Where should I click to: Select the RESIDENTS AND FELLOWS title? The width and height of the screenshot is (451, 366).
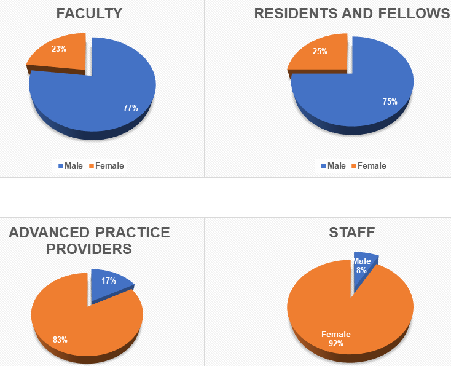point(352,14)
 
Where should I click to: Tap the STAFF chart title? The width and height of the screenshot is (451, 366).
point(351,233)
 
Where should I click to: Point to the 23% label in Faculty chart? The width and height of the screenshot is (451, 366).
point(59,49)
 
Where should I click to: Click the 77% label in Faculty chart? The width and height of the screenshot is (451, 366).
point(130,108)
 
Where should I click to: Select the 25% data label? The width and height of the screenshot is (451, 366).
point(320,52)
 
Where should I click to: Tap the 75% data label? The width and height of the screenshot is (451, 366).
point(390,101)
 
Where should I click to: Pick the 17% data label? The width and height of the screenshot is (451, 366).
point(109,280)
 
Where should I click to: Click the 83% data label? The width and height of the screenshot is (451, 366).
point(60,339)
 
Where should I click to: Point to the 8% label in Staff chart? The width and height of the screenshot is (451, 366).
point(361,270)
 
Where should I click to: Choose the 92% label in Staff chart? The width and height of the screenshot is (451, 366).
point(336,343)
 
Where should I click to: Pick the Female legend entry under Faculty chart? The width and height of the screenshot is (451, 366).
point(106,165)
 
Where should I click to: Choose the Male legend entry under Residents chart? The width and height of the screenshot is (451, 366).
point(332,165)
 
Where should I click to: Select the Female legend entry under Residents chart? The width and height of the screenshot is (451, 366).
point(369,165)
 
